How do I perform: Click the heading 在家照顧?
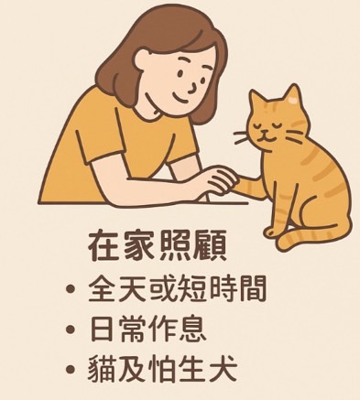click(x=158, y=246)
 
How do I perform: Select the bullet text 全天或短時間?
click(x=177, y=288)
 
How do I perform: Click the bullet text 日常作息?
click(x=147, y=329)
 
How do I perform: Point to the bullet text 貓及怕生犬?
click(x=162, y=368)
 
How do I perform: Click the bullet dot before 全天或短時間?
click(x=71, y=288)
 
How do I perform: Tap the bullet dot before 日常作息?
click(x=71, y=330)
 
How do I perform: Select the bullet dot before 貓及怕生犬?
click(x=71, y=369)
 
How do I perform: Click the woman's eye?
click(x=180, y=73)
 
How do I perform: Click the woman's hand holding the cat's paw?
click(x=221, y=180)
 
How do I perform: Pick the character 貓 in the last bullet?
click(x=103, y=368)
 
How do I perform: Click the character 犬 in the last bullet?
click(x=223, y=368)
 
